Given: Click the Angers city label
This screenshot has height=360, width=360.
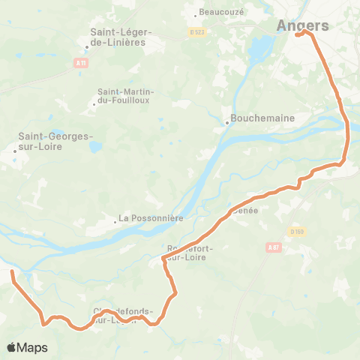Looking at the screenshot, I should [x=303, y=25].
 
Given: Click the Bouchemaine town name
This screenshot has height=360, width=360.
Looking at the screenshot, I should [x=262, y=118].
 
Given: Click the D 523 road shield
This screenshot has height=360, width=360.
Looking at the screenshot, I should [x=196, y=33].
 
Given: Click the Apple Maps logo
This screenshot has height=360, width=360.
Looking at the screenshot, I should [x=27, y=347].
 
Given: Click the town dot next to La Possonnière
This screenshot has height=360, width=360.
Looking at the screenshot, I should [x=115, y=221].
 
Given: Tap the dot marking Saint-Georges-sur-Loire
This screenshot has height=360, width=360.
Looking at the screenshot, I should [x=14, y=151].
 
